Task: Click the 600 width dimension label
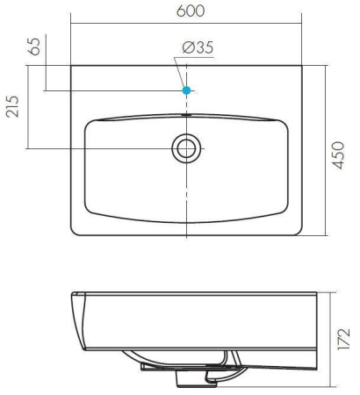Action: [x=191, y=11]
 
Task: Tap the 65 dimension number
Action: [x=34, y=47]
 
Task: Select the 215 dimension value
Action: [x=12, y=106]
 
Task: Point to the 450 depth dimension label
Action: [x=338, y=155]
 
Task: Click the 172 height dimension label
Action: [x=343, y=339]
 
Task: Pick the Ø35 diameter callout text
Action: [x=198, y=47]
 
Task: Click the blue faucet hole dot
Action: [x=186, y=90]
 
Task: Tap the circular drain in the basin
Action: [x=186, y=148]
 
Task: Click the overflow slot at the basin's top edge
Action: [x=186, y=115]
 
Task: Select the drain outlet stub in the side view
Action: [x=191, y=379]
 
